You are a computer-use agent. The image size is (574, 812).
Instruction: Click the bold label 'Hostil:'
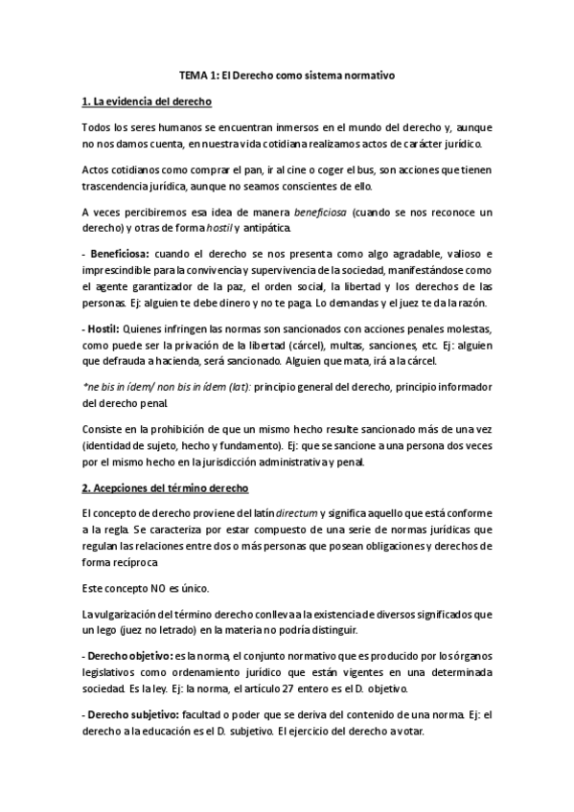(x=104, y=329)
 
